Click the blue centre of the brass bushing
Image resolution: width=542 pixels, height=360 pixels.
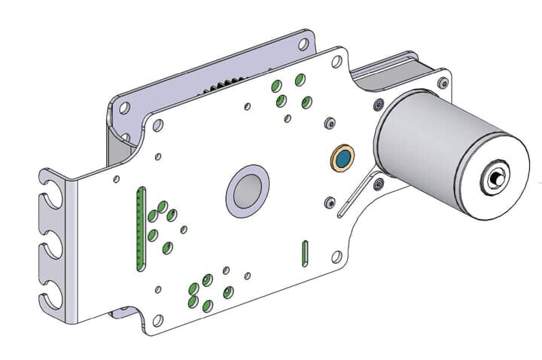343,159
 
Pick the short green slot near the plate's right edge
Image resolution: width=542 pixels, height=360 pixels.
305,252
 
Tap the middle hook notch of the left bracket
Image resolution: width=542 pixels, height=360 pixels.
51,244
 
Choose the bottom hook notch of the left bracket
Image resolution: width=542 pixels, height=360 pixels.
51,296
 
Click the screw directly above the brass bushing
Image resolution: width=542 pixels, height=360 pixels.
328,122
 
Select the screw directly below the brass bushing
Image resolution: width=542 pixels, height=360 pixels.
328,201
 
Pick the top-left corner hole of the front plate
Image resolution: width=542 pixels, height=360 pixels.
157,126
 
